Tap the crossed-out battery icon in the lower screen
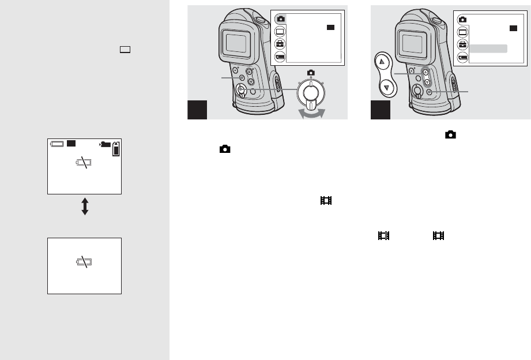pyautogui.click(x=85, y=262)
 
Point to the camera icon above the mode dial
pyautogui.click(x=311, y=72)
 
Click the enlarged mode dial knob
pyautogui.click(x=310, y=92)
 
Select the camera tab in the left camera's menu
pyautogui.click(x=280, y=18)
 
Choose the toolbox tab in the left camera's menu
pyautogui.click(x=280, y=43)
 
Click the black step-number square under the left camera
pyautogui.click(x=197, y=109)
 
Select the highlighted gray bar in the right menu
pyautogui.click(x=488, y=48)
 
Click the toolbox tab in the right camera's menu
pyautogui.click(x=462, y=44)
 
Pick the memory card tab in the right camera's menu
pyautogui.click(x=462, y=57)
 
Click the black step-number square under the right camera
pyautogui.click(x=379, y=109)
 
